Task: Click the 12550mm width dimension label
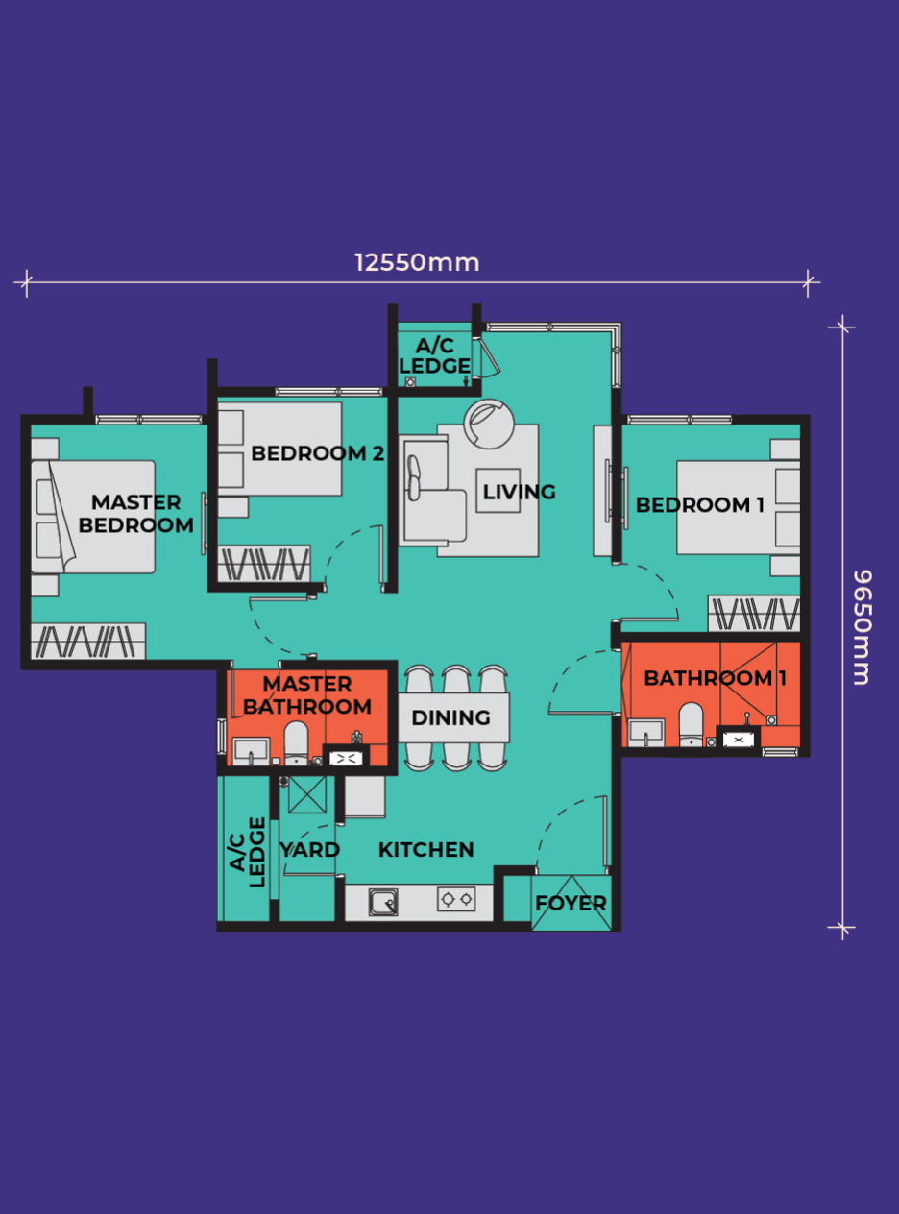417,263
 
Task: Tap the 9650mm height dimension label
862,627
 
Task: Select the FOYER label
571,903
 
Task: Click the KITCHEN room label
425,849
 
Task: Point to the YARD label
310,849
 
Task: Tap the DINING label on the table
450,717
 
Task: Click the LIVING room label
519,492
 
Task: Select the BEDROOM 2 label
318,453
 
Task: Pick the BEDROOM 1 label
700,504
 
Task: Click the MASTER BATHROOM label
307,695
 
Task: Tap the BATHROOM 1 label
715,678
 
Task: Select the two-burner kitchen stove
456,899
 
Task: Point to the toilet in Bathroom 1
691,724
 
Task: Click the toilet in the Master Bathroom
296,742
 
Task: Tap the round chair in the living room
489,425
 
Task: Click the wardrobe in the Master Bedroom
88,641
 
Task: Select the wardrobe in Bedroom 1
755,614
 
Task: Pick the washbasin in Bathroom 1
646,733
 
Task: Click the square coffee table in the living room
498,491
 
